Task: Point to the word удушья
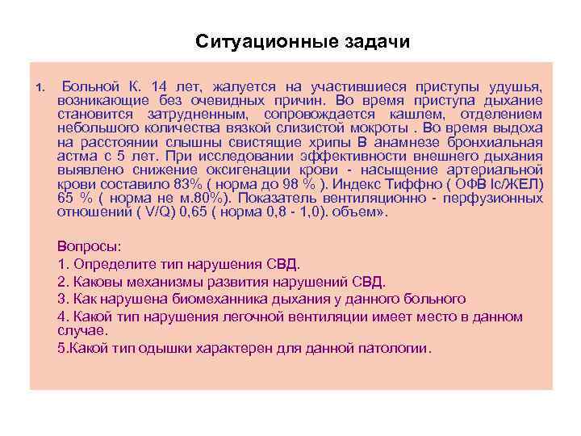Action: point(517,86)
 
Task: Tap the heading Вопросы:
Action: point(89,246)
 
